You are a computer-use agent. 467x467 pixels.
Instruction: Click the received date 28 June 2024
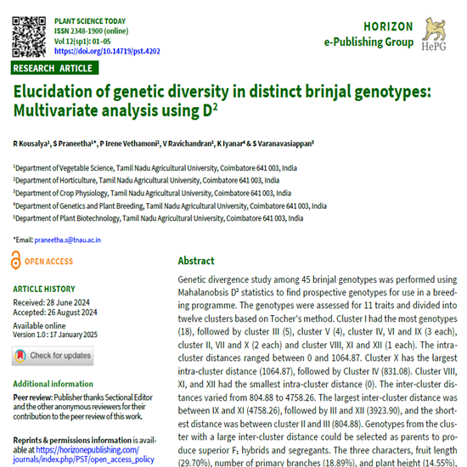[82, 301]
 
